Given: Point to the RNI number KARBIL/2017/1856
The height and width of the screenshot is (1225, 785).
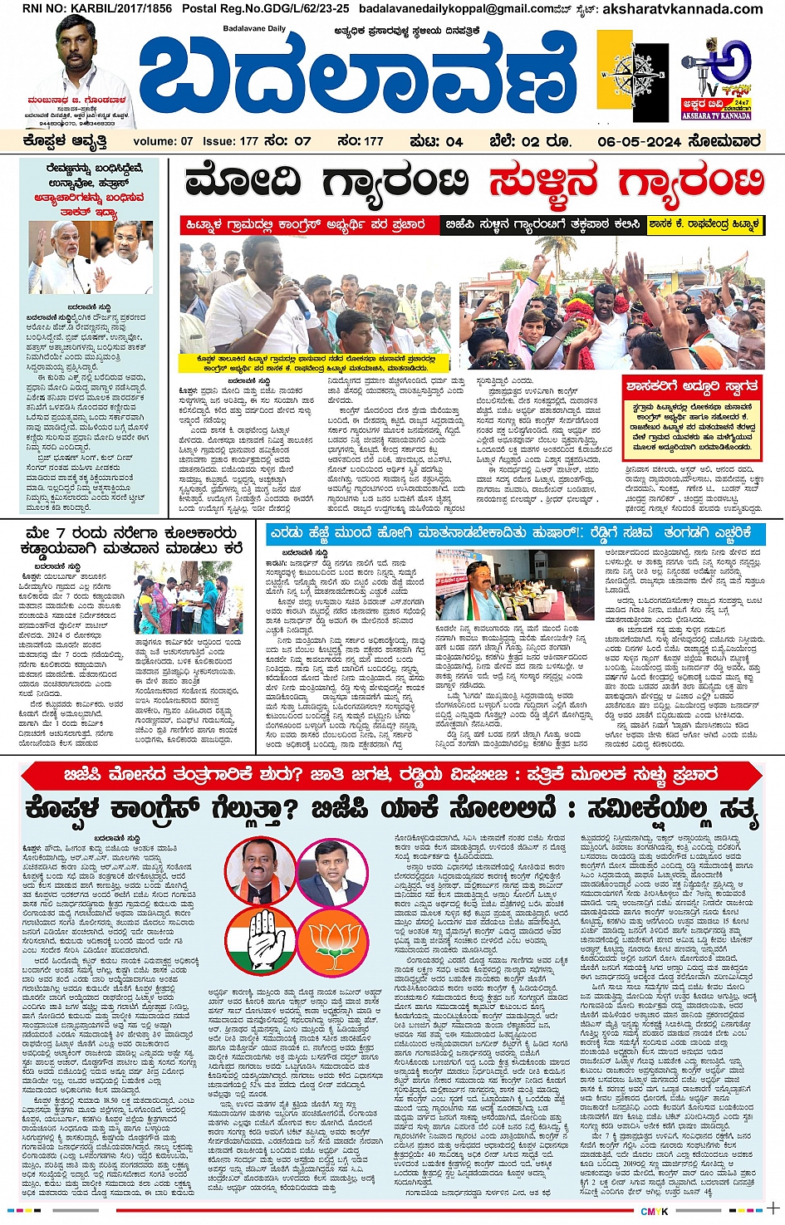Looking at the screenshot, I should (x=86, y=9).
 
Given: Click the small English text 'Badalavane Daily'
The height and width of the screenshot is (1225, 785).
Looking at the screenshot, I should (x=253, y=29).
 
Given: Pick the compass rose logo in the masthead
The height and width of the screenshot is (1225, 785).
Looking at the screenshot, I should (x=638, y=75).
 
